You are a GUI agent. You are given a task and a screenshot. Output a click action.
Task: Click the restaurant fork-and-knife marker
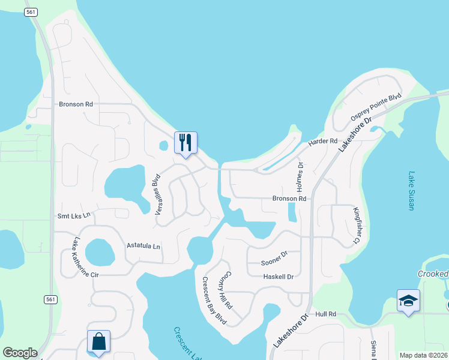[185, 143]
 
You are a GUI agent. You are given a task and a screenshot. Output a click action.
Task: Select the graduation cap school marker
[408, 301]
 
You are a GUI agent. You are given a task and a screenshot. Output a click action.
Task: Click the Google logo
[20, 353]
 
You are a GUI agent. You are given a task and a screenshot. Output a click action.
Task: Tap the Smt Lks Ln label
[73, 215]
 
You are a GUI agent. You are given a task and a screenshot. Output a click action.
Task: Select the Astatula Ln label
[143, 246]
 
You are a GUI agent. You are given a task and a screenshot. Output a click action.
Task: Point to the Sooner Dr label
[275, 263]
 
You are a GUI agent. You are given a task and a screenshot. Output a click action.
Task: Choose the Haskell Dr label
[279, 277]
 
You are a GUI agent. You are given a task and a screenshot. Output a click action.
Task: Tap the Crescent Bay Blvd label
[213, 301]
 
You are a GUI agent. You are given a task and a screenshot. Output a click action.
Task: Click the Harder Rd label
[323, 142]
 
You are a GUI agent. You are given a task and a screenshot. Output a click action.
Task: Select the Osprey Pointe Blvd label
[375, 107]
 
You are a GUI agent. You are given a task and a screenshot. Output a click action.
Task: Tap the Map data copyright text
[423, 355]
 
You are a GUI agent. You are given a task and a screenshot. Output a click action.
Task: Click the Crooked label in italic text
[433, 274]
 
